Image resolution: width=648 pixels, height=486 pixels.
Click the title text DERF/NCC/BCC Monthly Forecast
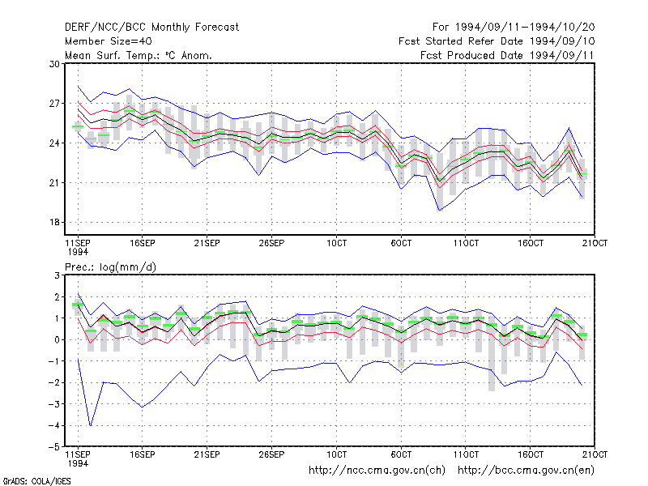[151, 28]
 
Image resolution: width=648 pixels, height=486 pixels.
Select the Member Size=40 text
[109, 41]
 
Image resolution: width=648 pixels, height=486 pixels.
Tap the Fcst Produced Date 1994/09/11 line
[507, 55]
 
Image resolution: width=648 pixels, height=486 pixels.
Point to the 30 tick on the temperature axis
[54, 64]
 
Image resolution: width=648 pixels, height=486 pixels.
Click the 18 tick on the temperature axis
[54, 222]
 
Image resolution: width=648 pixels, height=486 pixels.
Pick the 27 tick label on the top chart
[54, 104]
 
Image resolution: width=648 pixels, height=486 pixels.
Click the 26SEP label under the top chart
[271, 243]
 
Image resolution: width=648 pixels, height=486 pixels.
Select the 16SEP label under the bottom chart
[143, 454]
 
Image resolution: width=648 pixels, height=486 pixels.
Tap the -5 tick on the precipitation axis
[53, 447]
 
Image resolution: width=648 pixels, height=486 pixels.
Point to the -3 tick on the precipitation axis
[53, 403]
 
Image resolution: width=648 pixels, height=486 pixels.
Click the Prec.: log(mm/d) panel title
[110, 267]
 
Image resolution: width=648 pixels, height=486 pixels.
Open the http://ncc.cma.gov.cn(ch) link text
[377, 471]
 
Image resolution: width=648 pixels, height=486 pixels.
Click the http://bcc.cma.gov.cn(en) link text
[526, 471]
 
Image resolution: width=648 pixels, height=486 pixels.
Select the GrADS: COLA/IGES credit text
[37, 481]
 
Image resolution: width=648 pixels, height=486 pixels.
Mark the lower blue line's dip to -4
[91, 425]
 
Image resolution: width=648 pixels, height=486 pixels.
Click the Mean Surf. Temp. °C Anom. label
[139, 55]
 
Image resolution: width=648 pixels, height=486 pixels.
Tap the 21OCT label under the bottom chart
[595, 454]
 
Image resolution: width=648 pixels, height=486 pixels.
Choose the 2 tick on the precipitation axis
[57, 297]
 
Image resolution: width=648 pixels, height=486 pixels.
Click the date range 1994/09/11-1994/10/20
[525, 28]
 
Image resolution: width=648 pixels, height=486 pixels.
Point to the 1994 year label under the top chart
[78, 252]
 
